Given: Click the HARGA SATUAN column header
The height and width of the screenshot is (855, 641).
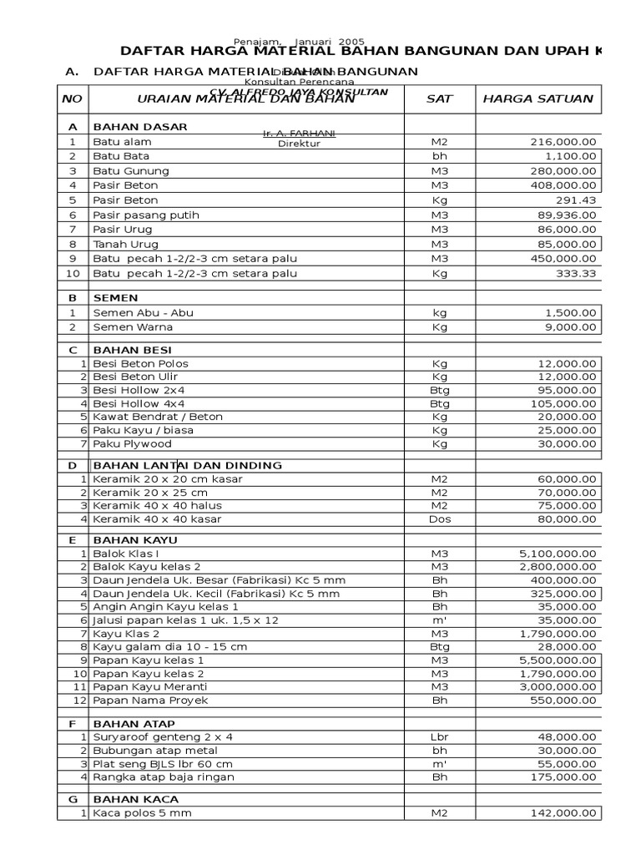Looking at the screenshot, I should coord(538,99).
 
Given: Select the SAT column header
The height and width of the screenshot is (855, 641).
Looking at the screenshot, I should coord(439,99).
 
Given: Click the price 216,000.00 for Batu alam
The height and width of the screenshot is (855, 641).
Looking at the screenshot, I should coord(564,142).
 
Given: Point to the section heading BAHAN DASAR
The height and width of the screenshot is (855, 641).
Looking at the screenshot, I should coord(140,126).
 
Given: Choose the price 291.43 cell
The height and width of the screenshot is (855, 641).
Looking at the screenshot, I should coord(577,200).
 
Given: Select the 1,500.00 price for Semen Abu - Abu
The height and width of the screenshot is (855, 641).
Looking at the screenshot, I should coord(570,312).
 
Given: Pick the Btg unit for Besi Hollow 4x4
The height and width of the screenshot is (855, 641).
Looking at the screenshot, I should coord(439,403).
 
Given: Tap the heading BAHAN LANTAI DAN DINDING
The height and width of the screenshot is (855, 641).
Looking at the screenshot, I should coord(187,465).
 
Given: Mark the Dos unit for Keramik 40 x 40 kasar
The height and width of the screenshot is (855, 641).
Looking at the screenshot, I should coord(439,519).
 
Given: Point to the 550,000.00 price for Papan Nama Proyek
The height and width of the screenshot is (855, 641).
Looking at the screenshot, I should coord(564,700).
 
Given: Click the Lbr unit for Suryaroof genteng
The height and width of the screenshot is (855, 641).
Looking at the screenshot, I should coord(439,737).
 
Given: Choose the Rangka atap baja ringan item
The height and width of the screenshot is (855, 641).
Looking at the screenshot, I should coord(164,777).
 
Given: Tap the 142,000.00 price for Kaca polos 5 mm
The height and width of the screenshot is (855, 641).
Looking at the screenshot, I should coord(564,813).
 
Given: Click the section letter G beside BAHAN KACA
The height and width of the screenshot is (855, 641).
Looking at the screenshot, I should coord(73,799).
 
